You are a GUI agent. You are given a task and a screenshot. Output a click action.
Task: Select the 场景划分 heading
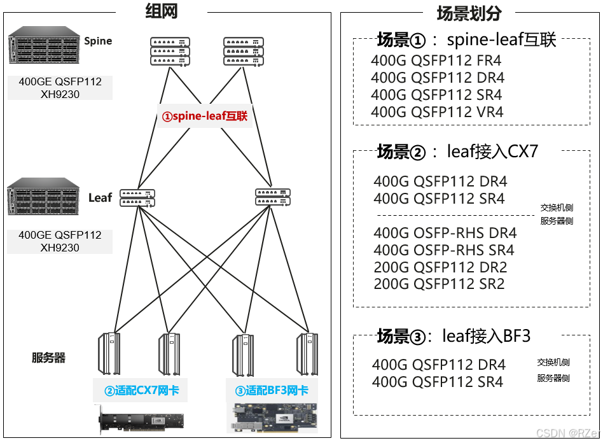point(469,13)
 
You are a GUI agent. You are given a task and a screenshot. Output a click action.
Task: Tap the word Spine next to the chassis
point(98,41)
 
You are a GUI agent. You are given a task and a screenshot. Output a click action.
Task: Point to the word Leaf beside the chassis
point(100,197)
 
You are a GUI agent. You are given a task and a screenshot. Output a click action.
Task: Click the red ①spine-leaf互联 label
point(204,116)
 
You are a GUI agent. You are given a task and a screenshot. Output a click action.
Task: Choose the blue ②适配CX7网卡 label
point(141,390)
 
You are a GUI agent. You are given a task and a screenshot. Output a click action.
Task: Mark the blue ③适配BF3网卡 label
point(272,390)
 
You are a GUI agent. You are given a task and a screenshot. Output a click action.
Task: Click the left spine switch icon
point(170,51)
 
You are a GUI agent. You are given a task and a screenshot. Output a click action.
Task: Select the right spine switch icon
point(243,51)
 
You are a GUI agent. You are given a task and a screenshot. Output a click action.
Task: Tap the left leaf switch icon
point(137,197)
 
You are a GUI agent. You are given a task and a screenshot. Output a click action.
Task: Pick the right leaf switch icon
point(273,197)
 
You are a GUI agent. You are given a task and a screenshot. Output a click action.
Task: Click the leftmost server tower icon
point(109,353)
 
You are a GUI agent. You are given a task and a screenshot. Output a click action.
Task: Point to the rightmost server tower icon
point(307,353)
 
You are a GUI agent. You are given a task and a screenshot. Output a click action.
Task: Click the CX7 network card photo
point(140,421)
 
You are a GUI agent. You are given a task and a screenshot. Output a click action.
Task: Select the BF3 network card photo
point(274,418)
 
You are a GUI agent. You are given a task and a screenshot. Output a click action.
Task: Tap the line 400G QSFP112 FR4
point(436,61)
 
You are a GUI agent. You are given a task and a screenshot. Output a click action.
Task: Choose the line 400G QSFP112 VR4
point(437,113)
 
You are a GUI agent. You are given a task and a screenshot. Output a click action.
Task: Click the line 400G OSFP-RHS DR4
point(445,233)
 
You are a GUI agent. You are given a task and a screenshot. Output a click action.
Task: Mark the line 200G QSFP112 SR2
point(439,285)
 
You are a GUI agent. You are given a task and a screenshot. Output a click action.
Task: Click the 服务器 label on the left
point(49,358)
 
